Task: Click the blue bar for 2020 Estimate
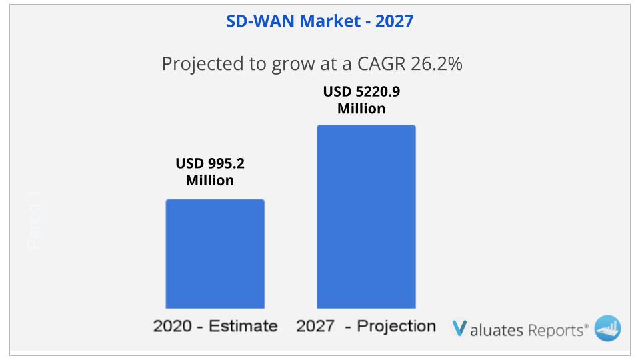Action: point(215,253)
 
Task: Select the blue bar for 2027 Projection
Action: point(366,217)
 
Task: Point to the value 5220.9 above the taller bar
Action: point(377,91)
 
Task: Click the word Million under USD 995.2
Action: point(210,180)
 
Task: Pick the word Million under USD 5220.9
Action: point(361,108)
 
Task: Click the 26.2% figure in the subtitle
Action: point(436,65)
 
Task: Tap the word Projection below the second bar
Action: point(397,326)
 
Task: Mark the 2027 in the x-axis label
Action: point(315,326)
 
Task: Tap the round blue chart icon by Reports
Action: point(607,327)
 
